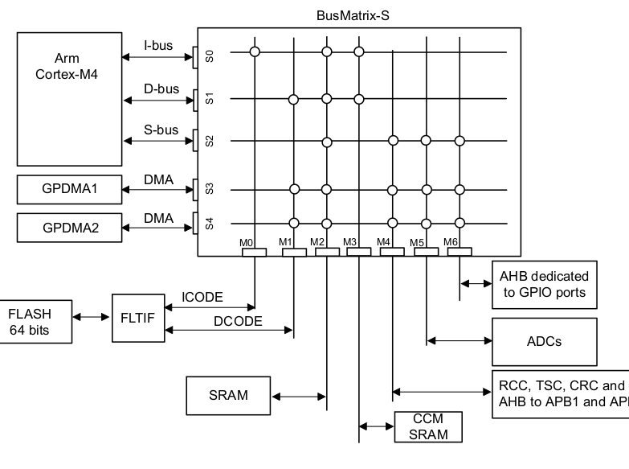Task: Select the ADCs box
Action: click(545, 341)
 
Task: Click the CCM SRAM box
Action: click(429, 426)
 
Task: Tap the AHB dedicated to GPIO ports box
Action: click(544, 283)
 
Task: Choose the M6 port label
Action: click(451, 241)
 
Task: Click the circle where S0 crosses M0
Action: click(255, 52)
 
